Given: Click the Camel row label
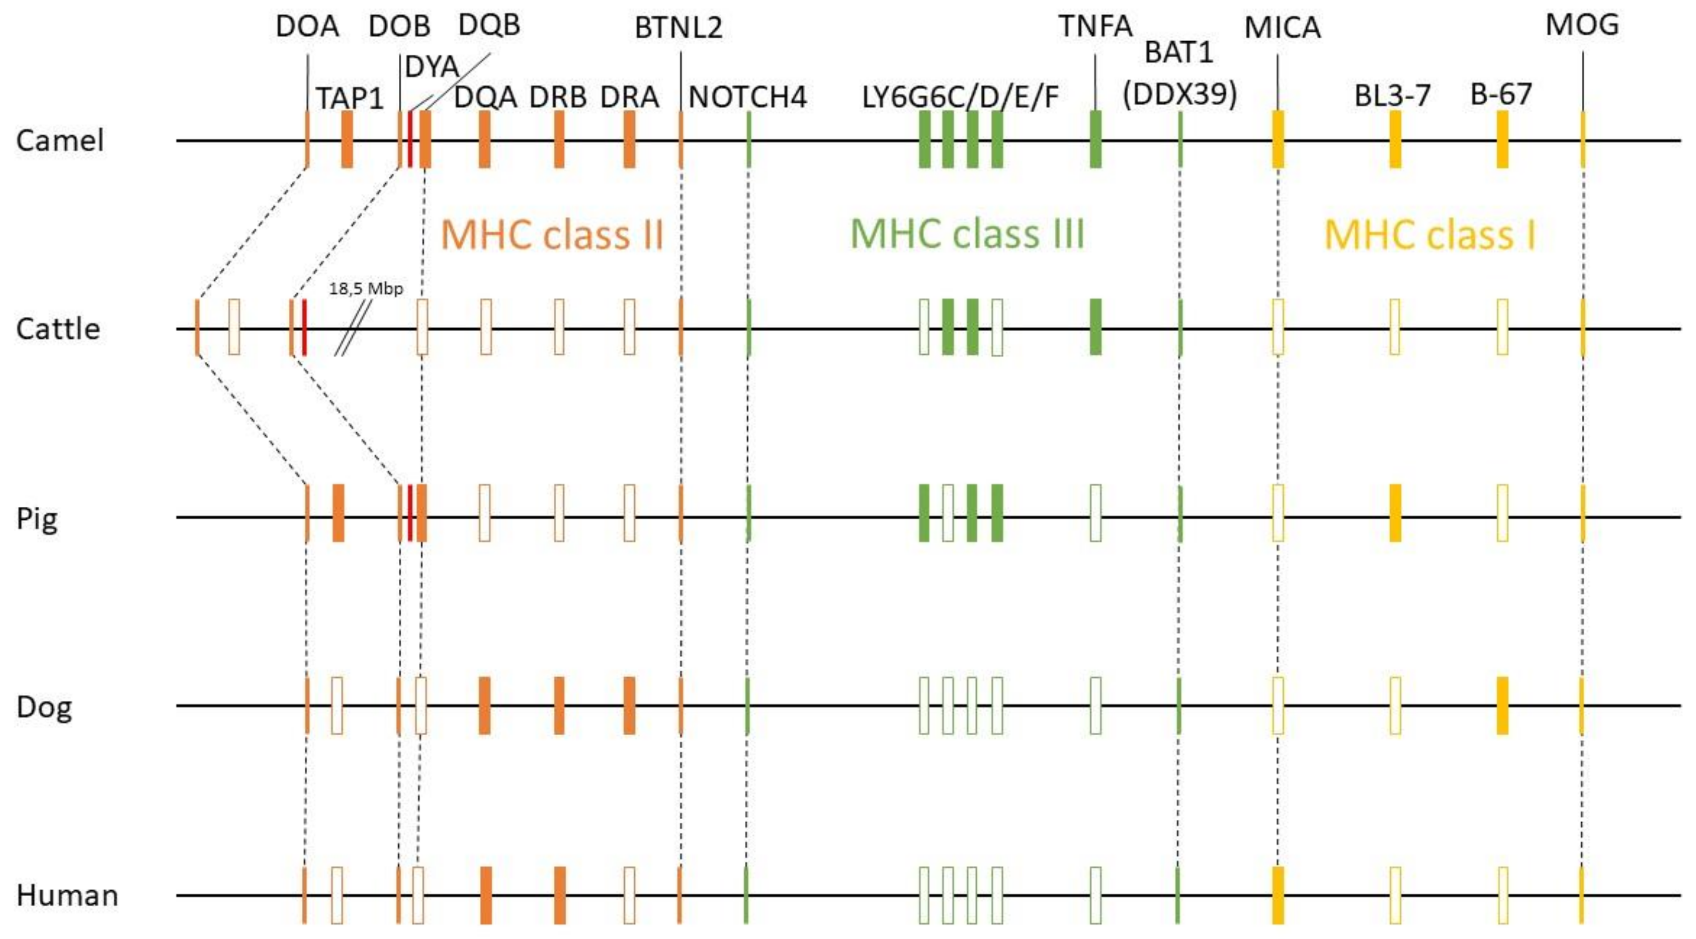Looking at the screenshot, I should [x=60, y=141].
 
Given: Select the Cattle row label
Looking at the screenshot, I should [x=58, y=329].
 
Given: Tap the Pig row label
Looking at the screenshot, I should [x=37, y=519].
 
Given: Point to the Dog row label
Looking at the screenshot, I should [x=43, y=707].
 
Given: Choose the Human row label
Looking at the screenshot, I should [x=67, y=896].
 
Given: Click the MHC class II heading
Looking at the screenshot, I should [x=552, y=235].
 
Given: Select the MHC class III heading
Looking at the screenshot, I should [x=967, y=234].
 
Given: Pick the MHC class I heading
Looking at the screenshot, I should [x=1429, y=235].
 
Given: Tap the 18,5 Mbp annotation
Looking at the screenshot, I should [x=366, y=289].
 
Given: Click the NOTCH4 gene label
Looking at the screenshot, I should [x=747, y=98].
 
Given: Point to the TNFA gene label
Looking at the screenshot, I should [x=1095, y=26].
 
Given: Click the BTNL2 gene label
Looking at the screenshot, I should [x=678, y=28].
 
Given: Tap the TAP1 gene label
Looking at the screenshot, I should [x=350, y=99].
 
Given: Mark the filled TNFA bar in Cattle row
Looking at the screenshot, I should [x=1095, y=327].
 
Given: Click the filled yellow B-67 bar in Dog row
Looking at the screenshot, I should [x=1502, y=705].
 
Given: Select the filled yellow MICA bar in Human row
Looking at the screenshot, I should [x=1278, y=895].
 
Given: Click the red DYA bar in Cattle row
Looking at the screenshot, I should [x=304, y=327].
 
